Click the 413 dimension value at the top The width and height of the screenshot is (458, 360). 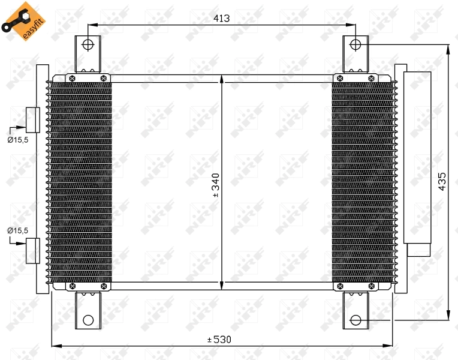222,19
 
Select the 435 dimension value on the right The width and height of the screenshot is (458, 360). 442,181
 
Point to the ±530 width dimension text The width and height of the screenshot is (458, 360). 219,340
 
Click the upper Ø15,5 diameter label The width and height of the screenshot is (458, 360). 18,139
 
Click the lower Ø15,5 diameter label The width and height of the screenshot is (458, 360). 18,230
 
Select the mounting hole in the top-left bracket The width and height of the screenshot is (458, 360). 88,44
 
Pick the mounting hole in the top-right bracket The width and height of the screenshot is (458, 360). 355,44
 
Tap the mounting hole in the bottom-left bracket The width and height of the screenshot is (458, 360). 88,320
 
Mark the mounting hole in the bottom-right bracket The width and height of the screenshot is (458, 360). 355,320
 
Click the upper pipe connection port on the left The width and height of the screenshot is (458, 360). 32,120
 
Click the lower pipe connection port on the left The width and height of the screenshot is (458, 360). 32,251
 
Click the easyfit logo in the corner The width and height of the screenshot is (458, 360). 17,21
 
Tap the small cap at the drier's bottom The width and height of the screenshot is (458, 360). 417,250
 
